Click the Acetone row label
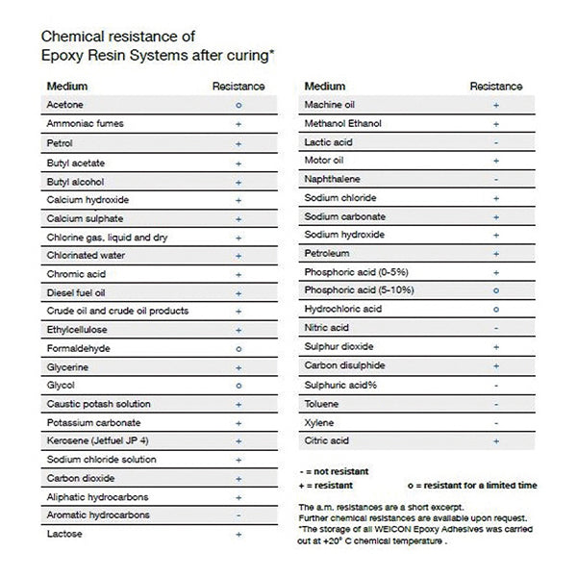point(64,104)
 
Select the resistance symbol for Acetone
point(238,105)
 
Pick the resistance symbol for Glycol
point(238,386)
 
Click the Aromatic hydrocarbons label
point(97,516)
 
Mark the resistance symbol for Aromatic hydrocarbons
point(238,516)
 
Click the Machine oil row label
point(332,104)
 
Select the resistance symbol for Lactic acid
point(495,141)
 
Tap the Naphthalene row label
point(333,179)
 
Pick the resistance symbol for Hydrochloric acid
point(495,310)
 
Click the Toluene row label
point(322,404)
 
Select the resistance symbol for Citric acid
point(495,441)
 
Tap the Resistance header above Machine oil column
point(495,87)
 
